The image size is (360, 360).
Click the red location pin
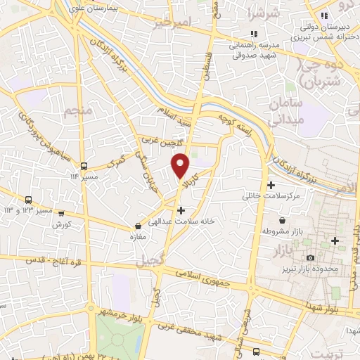[x=181, y=165]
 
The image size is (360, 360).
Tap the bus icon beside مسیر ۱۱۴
[x=84, y=167]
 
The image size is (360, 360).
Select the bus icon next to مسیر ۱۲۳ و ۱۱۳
[x=29, y=200]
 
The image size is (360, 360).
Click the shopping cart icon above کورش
[x=61, y=214]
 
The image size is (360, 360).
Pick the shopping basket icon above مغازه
[x=139, y=226]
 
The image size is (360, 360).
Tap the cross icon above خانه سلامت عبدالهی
[x=181, y=210]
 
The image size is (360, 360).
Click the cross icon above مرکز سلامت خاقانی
[x=270, y=184]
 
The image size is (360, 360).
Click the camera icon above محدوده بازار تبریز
[x=308, y=257]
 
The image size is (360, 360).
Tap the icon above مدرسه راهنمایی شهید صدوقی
[x=254, y=33]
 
